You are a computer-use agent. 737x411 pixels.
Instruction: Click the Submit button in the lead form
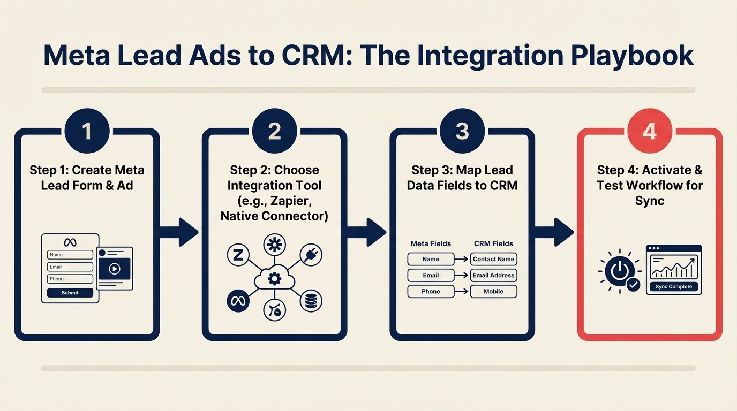click(70, 293)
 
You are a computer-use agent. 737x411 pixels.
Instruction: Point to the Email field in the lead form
click(70, 267)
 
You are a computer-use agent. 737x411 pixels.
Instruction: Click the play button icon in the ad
click(114, 269)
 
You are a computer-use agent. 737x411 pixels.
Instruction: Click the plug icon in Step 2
click(311, 255)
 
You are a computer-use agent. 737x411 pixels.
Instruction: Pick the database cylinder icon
click(310, 301)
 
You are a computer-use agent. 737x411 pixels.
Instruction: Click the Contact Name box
click(493, 259)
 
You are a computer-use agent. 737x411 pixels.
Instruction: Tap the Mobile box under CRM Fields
click(493, 292)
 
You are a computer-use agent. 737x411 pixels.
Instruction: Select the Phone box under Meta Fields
click(431, 292)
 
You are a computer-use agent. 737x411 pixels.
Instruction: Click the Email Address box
click(493, 275)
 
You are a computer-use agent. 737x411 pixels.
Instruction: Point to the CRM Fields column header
click(493, 243)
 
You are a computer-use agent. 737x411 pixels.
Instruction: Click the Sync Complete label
click(673, 287)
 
